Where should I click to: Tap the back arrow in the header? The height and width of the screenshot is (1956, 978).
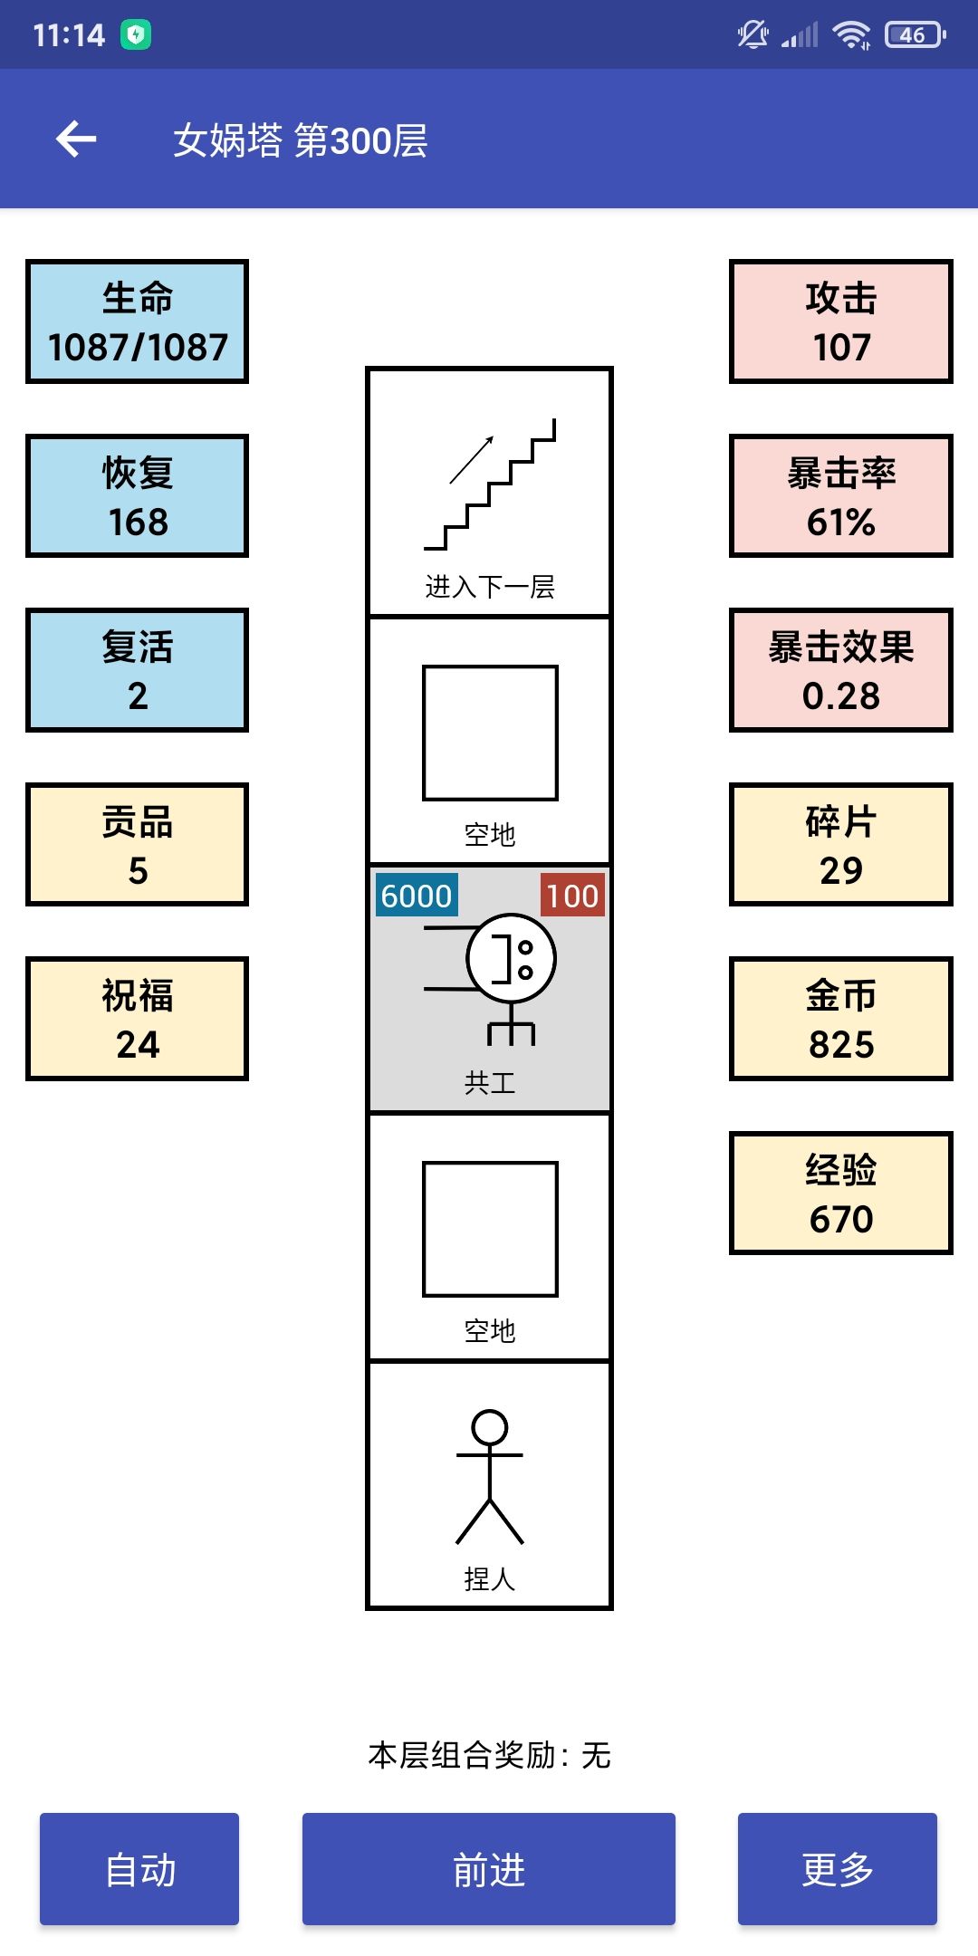coord(76,139)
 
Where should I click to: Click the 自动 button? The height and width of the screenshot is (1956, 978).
coord(139,1869)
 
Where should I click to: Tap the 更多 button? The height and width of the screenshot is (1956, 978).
coord(838,1869)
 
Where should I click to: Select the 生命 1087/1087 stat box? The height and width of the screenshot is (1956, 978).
coord(138,321)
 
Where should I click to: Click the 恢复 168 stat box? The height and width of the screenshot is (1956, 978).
coord(138,496)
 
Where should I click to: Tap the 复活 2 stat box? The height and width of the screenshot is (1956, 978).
coord(138,670)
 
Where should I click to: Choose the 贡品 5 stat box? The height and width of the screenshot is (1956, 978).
coord(138,845)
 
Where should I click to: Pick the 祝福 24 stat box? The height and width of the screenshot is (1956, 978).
coord(138,1019)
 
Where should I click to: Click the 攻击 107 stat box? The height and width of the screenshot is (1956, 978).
coord(841,321)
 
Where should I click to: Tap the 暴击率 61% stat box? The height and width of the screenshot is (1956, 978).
coord(841,496)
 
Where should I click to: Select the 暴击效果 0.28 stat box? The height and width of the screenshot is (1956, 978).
coord(841,670)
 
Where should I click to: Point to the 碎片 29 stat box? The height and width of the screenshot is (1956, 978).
coord(841,845)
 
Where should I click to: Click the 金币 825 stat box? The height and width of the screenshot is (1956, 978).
coord(841,1019)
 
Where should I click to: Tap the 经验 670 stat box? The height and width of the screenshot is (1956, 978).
coord(841,1194)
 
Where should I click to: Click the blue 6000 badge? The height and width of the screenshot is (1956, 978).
coord(417,895)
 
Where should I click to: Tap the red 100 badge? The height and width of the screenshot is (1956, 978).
coord(572,895)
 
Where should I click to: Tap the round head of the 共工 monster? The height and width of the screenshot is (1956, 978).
coord(512,916)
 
